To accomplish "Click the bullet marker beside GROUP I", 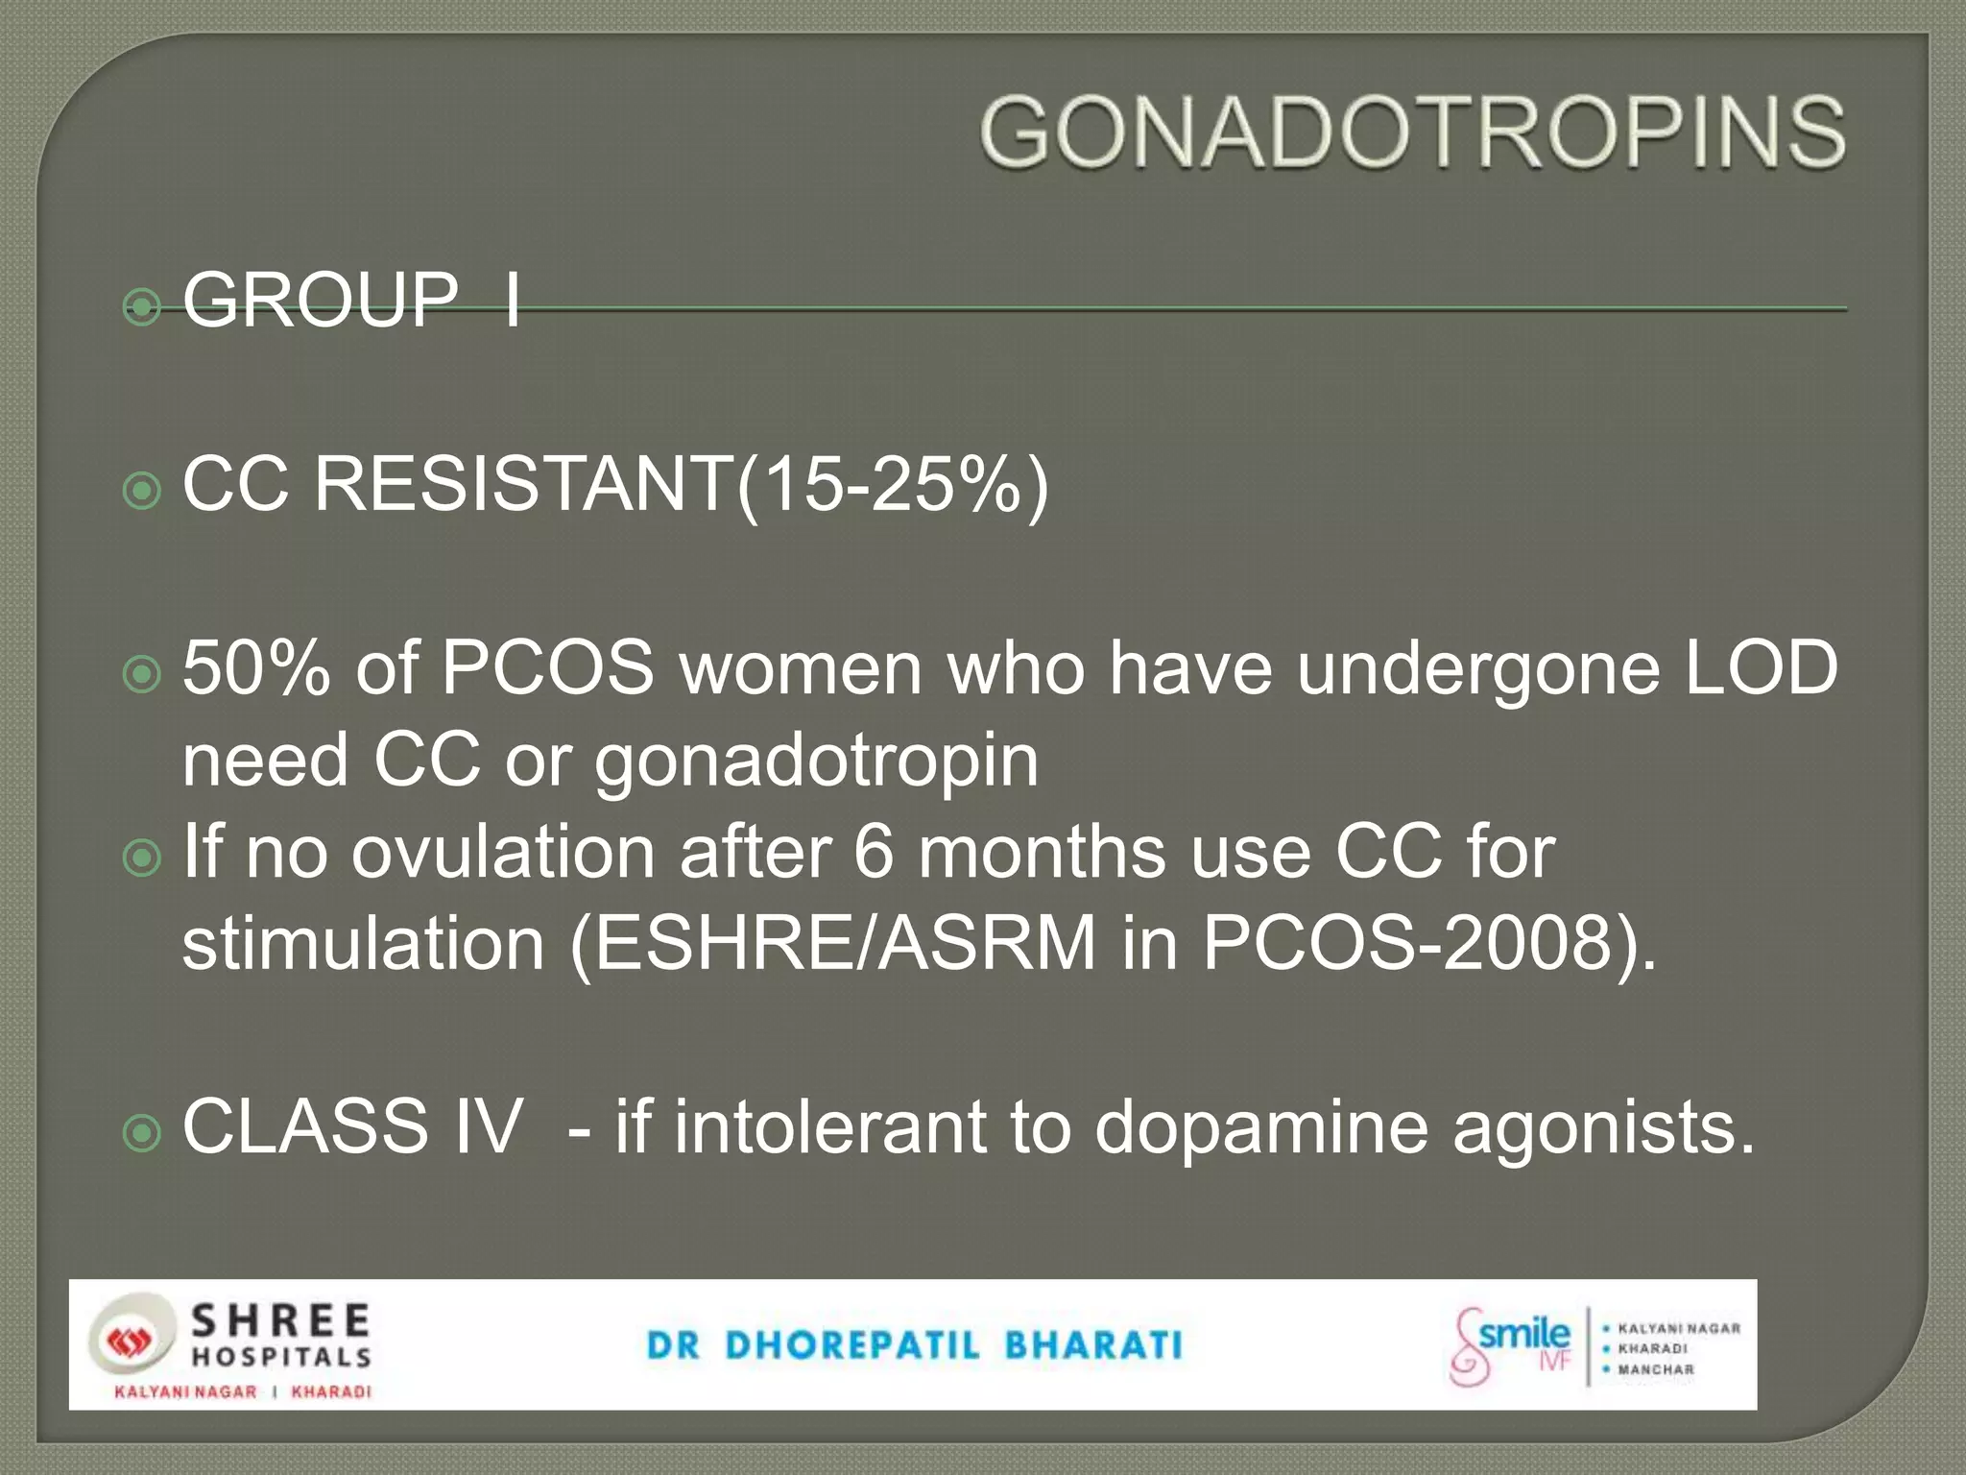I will [x=143, y=307].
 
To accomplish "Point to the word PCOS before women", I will [x=548, y=668].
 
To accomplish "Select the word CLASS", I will [x=305, y=1125].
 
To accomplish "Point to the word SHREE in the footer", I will [x=280, y=1320].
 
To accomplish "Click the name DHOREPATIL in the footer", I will [x=853, y=1345].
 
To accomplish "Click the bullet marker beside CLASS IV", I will [x=143, y=1134].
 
